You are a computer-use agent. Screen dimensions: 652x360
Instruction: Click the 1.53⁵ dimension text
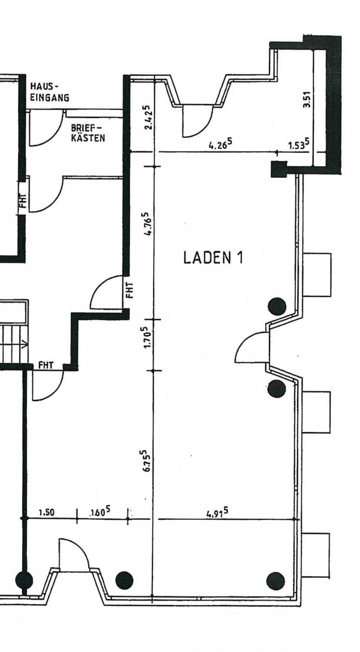coord(299,145)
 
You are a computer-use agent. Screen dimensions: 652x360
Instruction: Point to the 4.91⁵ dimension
coord(218,512)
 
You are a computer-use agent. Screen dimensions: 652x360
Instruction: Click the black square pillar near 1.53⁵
coord(279,169)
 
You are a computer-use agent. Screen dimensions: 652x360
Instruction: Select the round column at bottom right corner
coord(275,580)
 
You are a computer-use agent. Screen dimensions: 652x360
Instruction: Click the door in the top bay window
coord(197,121)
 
